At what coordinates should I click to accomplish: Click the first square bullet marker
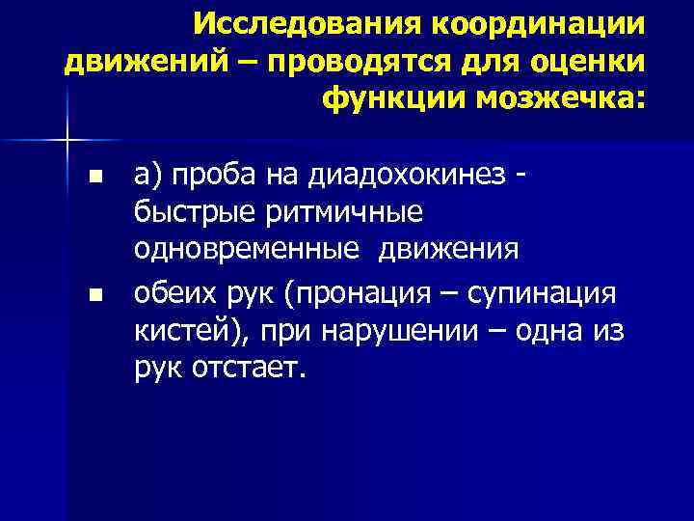click(93, 177)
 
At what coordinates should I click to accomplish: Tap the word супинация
click(544, 290)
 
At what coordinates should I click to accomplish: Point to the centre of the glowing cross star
click(67, 142)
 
